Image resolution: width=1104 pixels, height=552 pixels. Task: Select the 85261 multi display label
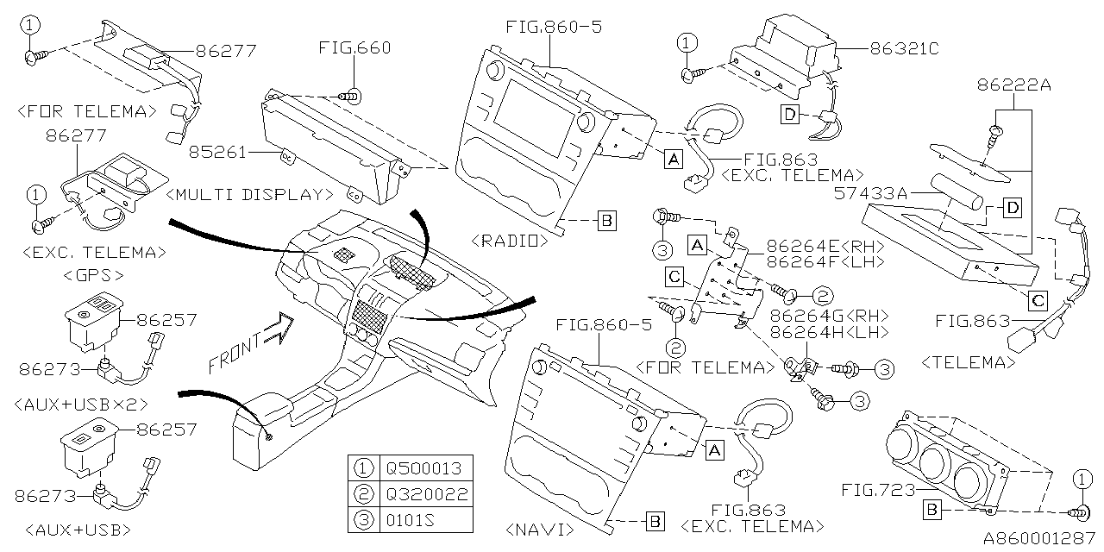(218, 153)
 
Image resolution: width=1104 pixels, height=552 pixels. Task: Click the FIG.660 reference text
(354, 47)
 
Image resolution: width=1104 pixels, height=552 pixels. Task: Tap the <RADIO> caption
(511, 241)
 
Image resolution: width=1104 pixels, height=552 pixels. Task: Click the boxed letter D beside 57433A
(1012, 207)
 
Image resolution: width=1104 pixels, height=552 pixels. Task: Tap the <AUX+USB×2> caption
(83, 403)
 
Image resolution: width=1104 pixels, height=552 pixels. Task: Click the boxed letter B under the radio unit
(606, 221)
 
